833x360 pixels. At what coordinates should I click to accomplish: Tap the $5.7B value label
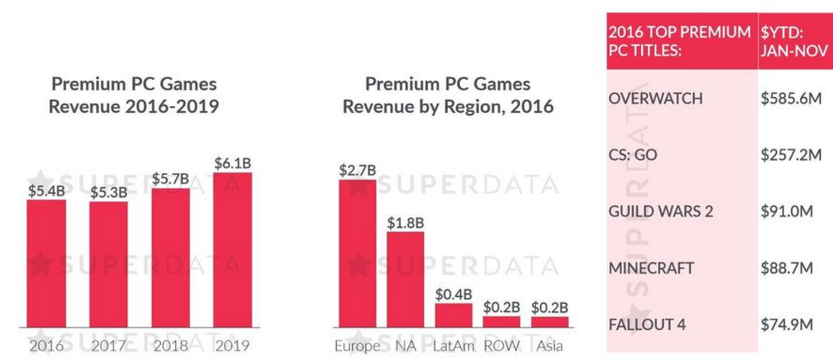point(171,179)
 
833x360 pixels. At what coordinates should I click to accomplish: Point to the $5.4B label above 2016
point(46,190)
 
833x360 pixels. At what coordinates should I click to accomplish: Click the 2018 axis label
point(171,346)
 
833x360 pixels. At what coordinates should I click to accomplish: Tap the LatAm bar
point(453,315)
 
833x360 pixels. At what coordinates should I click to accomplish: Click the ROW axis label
point(501,346)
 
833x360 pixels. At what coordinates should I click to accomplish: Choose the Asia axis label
point(550,346)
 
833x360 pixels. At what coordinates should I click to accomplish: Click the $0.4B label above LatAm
point(453,293)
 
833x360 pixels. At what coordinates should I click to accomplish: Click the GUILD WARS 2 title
point(660,211)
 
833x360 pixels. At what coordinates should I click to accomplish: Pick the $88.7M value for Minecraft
point(786,268)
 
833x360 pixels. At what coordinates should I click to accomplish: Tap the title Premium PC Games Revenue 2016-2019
point(134,95)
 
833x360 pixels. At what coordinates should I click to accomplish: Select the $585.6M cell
point(789,98)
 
